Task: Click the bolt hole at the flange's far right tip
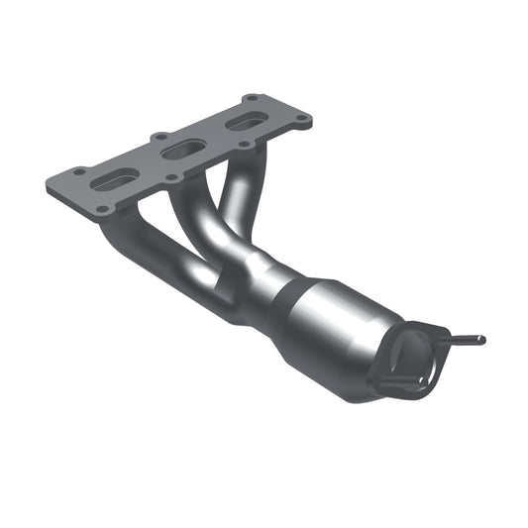tap(301, 121)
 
